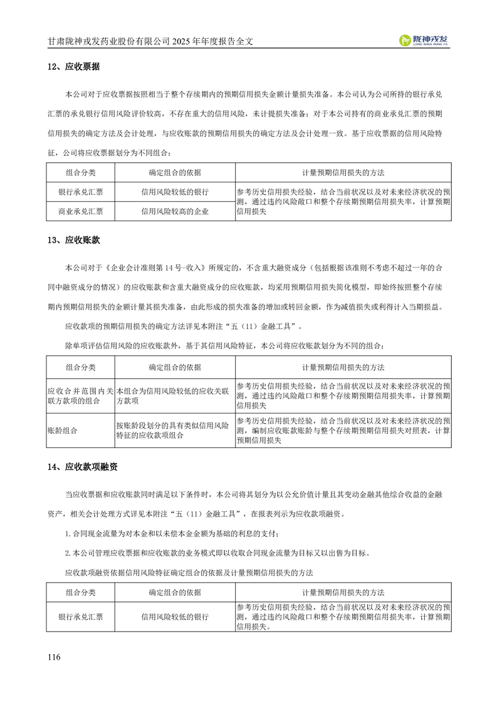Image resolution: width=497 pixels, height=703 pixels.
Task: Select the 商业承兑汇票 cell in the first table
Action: click(x=81, y=211)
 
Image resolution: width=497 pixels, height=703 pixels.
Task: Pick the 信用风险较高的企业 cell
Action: click(x=175, y=211)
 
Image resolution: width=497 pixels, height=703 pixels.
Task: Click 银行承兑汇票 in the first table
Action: click(x=81, y=192)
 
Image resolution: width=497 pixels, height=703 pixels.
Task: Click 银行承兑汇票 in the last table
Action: click(x=81, y=617)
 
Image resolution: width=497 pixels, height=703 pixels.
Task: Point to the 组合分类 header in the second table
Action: click(x=81, y=367)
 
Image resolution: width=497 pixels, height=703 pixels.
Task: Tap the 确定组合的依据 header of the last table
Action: click(x=175, y=592)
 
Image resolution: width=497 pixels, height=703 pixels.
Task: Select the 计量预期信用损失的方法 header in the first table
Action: click(x=343, y=172)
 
